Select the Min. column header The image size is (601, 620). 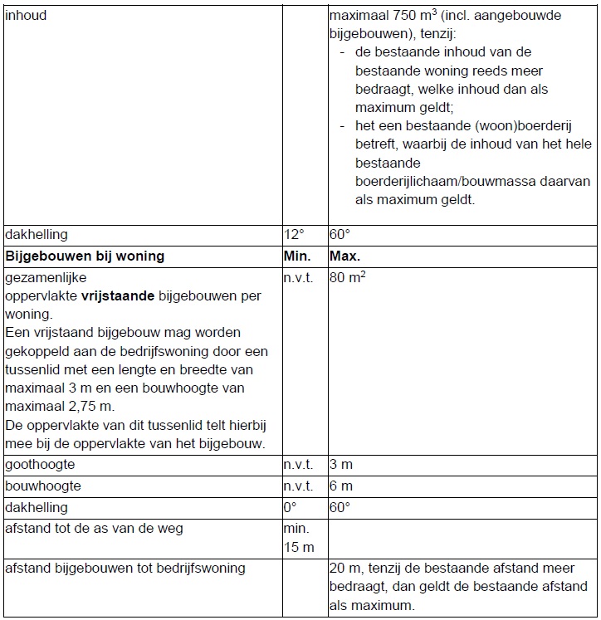coord(297,256)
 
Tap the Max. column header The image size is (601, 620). coord(345,256)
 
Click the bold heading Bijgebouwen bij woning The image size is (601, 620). coord(85,256)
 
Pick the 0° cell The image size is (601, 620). coord(290,507)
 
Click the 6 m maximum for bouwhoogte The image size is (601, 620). coord(340,486)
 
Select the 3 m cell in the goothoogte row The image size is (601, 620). coord(340,465)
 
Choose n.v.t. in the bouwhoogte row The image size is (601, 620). coord(298,486)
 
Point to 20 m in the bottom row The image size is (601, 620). coord(342,569)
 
